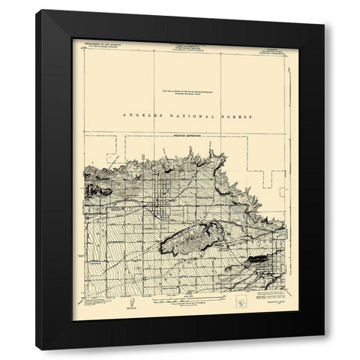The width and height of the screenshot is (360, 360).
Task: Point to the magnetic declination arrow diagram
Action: [129, 304]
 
